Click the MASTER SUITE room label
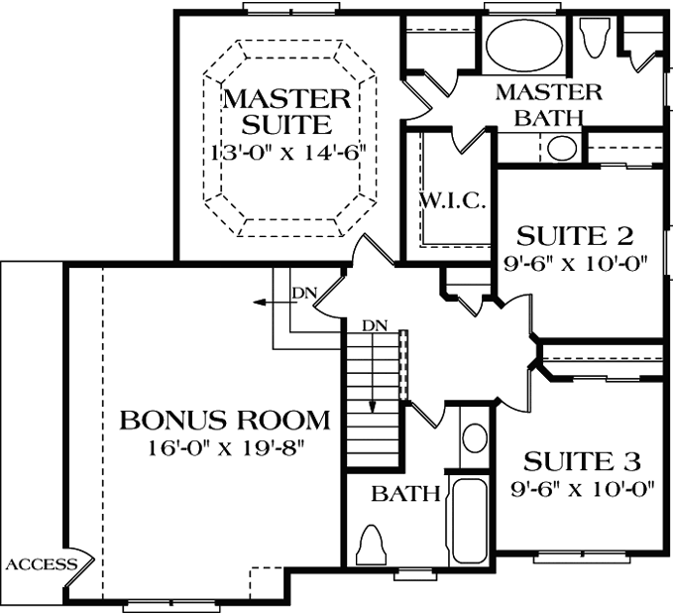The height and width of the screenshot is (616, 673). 285,111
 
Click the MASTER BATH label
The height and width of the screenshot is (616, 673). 548,103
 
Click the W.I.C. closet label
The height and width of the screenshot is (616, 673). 451,202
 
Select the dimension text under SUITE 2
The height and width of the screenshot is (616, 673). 575,264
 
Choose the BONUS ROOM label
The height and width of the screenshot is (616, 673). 224,420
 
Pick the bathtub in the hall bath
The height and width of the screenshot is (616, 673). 469,521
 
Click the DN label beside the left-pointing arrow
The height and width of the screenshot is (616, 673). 302,293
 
